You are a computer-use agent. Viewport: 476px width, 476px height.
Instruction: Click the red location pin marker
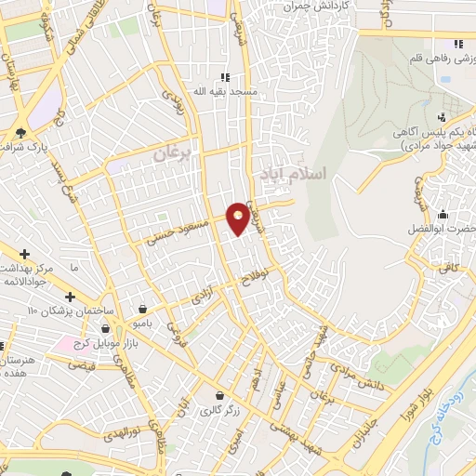238,218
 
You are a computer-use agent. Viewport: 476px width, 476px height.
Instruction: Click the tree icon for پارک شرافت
21,132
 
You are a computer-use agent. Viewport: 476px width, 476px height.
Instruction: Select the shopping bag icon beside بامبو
141,309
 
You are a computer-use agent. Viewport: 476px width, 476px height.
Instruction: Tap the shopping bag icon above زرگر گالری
220,395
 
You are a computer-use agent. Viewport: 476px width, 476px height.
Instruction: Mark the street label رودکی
173,99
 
